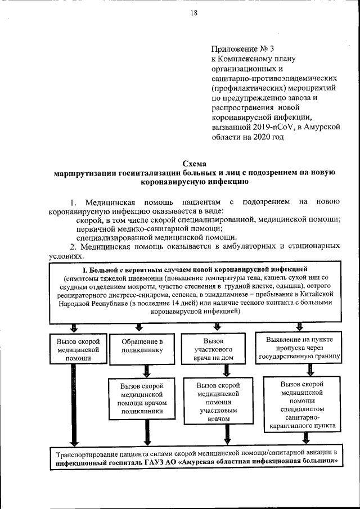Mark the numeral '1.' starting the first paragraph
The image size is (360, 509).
coord(73,202)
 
